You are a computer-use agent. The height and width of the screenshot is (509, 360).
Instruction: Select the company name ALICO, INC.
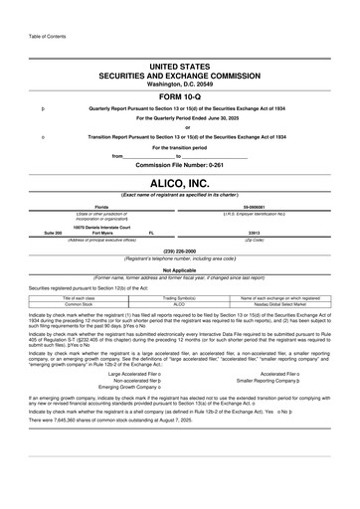tap(180, 182)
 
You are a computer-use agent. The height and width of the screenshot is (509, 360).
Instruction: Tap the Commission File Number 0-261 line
tap(180, 164)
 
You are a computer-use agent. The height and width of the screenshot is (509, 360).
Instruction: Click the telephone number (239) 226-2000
tap(180, 251)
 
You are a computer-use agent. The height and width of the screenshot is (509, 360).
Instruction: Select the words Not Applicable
tap(180, 269)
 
